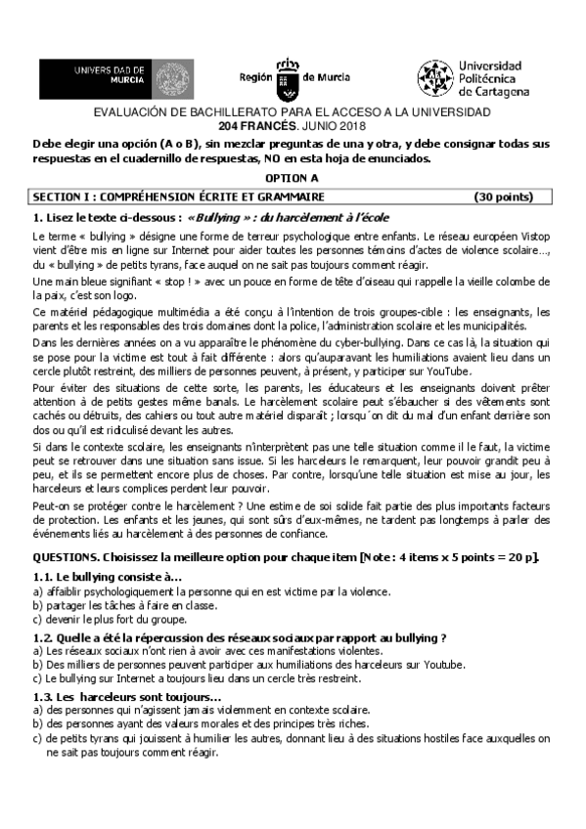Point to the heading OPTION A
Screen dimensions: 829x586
pyautogui.click(x=293, y=179)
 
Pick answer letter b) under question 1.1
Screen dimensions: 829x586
pyautogui.click(x=37, y=606)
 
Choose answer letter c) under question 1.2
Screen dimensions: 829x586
pyautogui.click(x=37, y=677)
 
